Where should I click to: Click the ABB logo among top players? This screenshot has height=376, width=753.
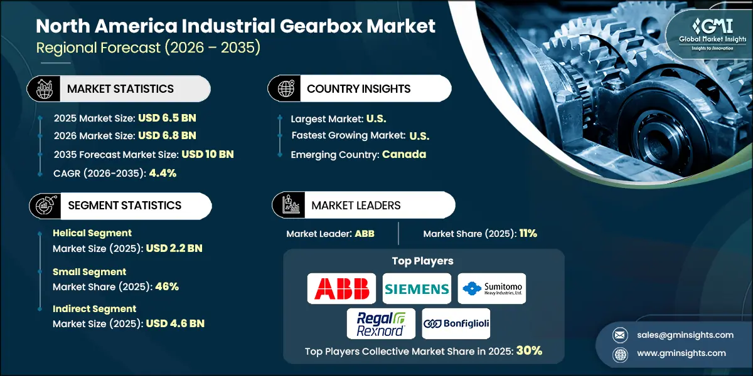pos(341,288)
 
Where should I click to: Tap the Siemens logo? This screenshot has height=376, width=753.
pos(417,288)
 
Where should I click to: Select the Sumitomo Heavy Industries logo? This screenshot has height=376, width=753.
pos(492,288)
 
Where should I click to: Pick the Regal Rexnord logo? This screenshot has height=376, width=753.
pos(381,323)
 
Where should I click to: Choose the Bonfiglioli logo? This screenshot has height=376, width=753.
pos(456,323)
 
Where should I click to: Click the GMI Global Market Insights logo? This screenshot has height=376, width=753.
pos(712,34)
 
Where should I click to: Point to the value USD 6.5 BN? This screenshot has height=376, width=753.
pos(167,118)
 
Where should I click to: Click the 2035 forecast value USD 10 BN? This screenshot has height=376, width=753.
pos(208,154)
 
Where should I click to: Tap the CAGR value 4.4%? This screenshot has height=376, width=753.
pos(163,173)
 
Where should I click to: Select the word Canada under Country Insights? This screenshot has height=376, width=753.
pos(404,154)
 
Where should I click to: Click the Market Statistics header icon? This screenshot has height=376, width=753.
pos(45,88)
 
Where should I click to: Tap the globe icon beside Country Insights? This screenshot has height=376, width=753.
pos(286,88)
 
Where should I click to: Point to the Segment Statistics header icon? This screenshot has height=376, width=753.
pos(46,206)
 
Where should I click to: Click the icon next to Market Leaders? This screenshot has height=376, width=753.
pos(291,205)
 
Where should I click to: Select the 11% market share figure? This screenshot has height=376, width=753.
pos(528,233)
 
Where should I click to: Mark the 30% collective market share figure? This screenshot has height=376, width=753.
pos(529,350)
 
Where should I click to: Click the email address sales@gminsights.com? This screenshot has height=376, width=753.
pos(685,335)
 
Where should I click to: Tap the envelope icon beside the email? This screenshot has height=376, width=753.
pos(620,335)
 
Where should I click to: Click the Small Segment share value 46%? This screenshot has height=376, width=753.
pos(167,286)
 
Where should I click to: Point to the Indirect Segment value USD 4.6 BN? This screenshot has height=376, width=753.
pos(175,323)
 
